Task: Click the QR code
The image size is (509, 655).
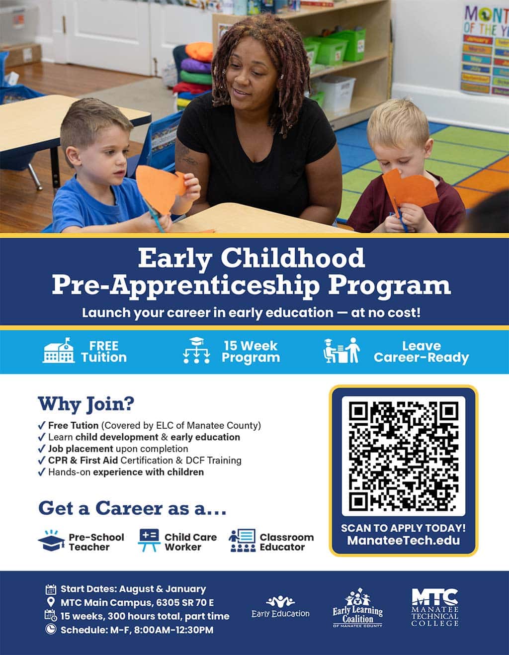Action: tap(404, 456)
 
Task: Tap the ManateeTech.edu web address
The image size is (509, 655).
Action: tap(404, 541)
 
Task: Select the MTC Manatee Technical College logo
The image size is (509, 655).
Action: tap(435, 607)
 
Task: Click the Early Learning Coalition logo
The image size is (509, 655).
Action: tap(358, 608)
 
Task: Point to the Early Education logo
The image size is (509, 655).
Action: tap(280, 606)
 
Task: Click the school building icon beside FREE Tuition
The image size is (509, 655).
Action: tap(59, 350)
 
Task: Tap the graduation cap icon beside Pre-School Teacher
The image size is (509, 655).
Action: tap(52, 541)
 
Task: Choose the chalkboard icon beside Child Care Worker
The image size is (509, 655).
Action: tap(149, 540)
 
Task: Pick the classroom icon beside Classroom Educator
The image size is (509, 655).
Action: tap(243, 541)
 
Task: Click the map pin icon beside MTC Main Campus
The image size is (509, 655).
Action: tap(51, 602)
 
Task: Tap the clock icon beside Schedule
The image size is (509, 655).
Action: tap(51, 629)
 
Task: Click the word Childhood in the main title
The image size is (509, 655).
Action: tap(293, 258)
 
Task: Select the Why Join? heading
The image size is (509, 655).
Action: tap(86, 404)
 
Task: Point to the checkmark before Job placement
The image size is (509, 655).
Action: tap(42, 449)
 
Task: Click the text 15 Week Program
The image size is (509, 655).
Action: tap(251, 352)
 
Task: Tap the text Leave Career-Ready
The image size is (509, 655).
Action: tap(422, 352)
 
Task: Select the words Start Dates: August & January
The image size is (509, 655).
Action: tap(133, 589)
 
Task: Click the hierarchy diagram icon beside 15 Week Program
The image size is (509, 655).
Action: tap(196, 350)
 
